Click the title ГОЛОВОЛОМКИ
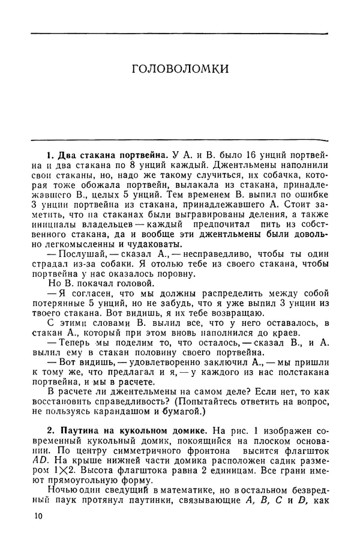click(x=179, y=69)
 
